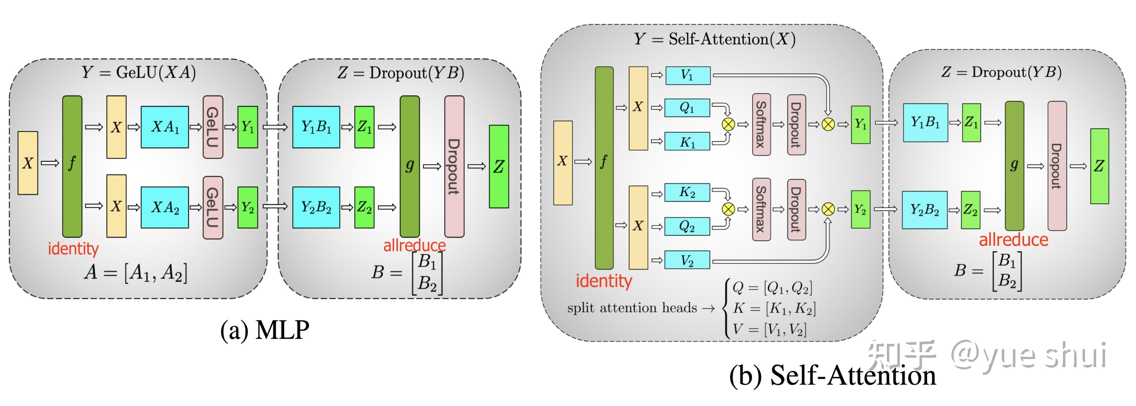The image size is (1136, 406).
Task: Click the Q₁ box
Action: [x=688, y=108]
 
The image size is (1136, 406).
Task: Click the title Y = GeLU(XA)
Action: [x=138, y=72]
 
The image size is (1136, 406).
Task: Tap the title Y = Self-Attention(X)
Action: [x=714, y=39]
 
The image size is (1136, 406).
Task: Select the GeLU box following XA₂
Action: [x=212, y=207]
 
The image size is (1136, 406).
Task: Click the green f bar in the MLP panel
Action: [x=72, y=166]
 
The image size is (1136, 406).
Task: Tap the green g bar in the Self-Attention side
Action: [x=1014, y=166]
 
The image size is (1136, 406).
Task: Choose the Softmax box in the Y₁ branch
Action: [x=761, y=124]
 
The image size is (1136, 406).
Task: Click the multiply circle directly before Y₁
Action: [x=828, y=124]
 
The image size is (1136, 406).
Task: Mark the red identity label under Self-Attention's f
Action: [x=604, y=281]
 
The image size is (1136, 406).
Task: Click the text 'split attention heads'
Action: [x=632, y=308]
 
